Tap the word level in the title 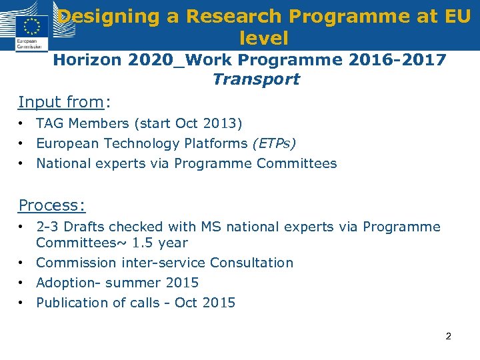point(263,38)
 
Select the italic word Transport point(256,80)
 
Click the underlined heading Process point(51,205)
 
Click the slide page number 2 point(448,336)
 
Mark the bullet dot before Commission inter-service point(22,263)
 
